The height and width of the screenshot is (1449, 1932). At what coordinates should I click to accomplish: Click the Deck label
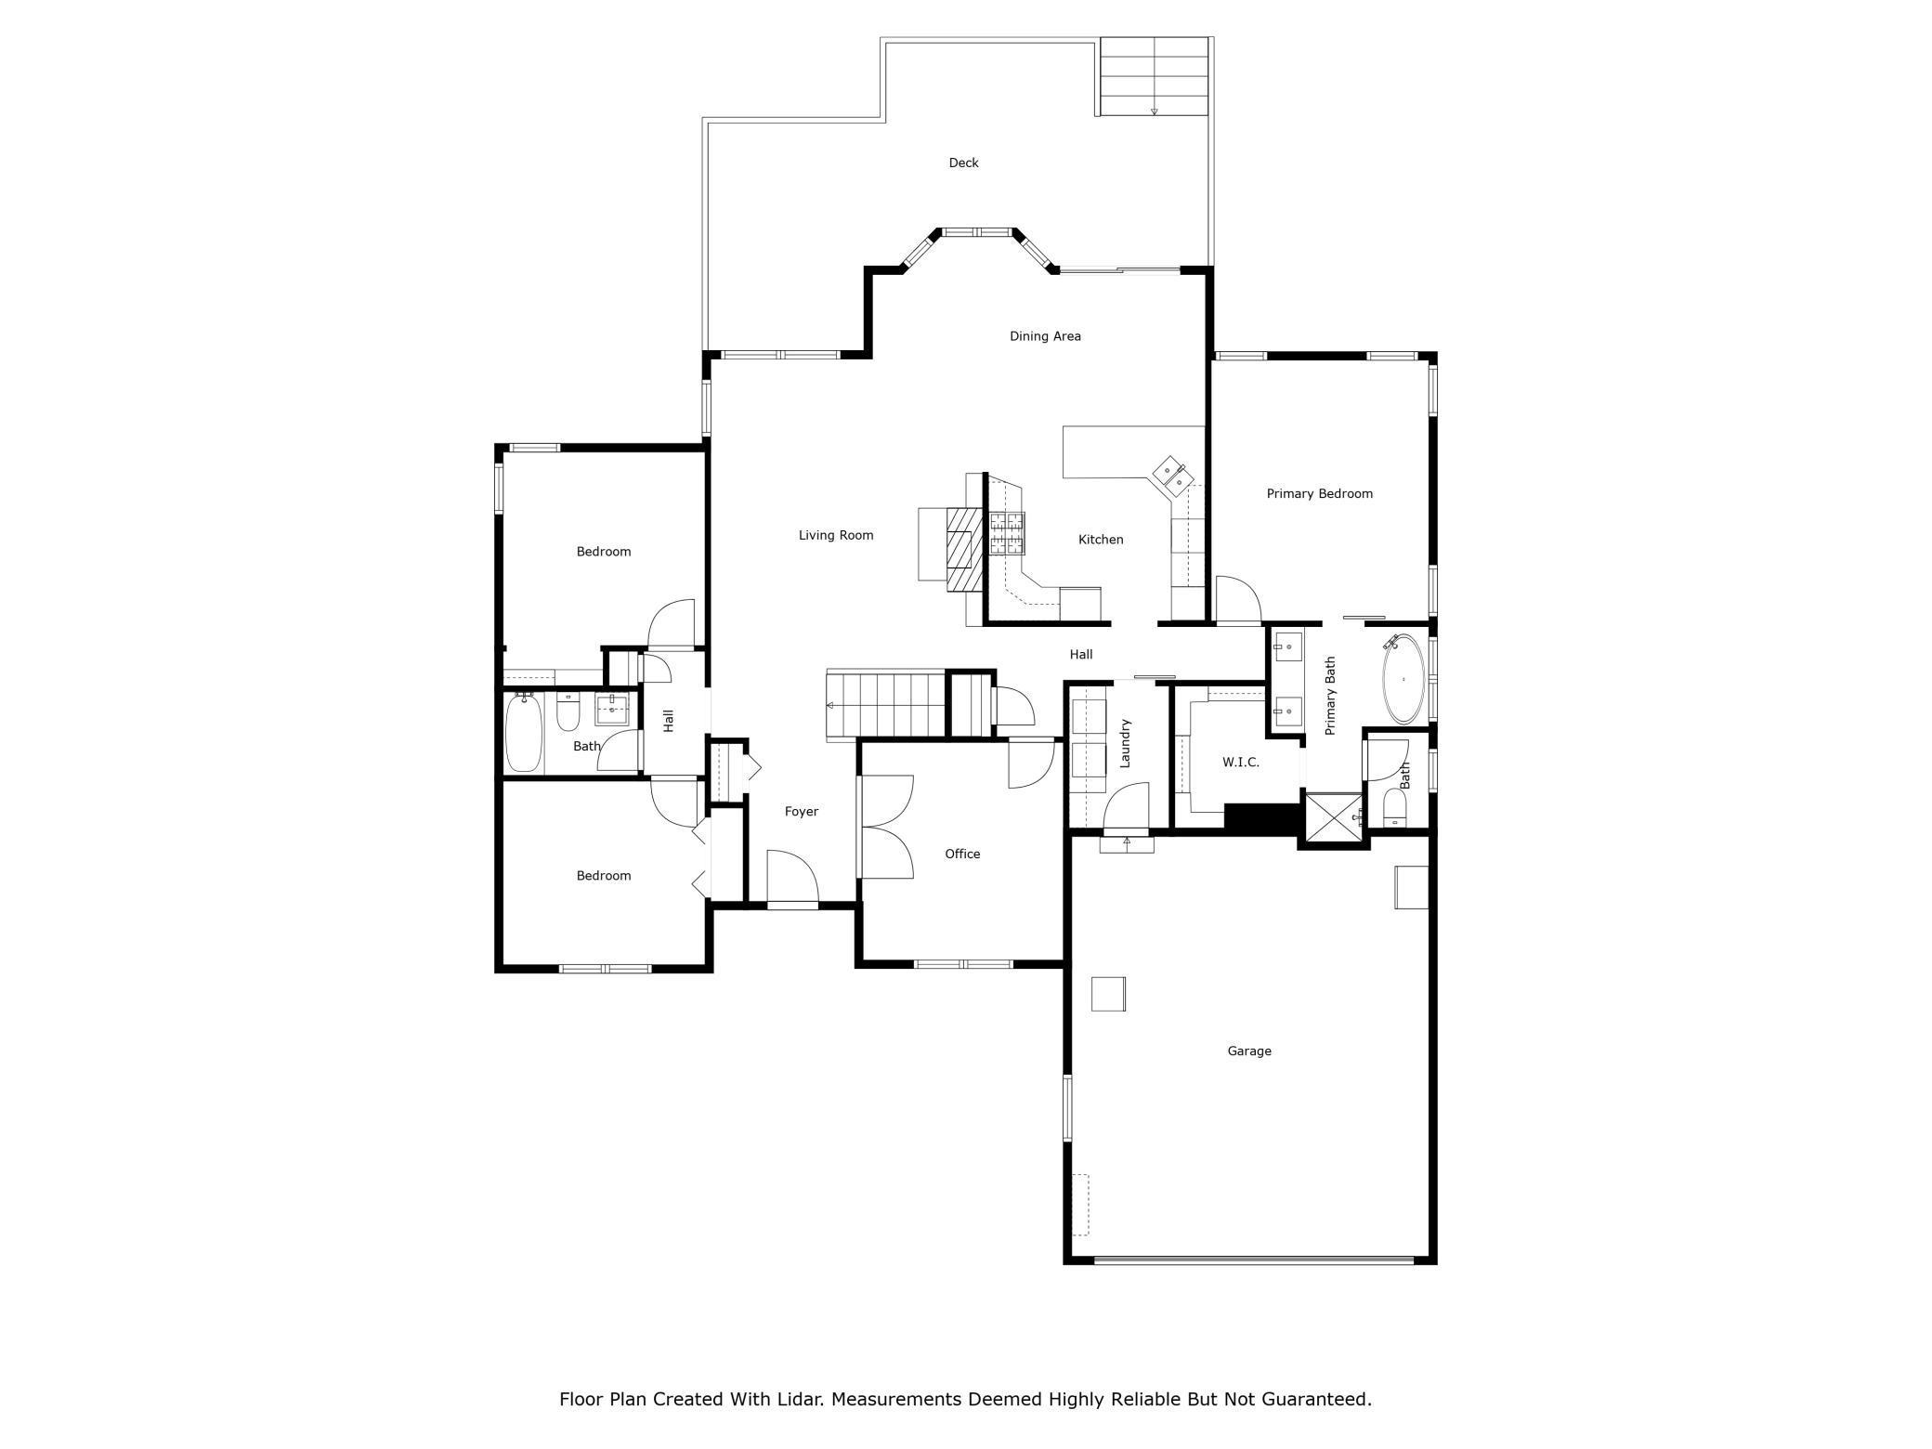coord(963,163)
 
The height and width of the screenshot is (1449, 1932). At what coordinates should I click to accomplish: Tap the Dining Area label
coord(1045,336)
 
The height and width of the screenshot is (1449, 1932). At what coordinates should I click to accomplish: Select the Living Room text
coord(836,535)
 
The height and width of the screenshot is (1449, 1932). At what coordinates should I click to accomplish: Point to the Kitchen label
coord(1101,540)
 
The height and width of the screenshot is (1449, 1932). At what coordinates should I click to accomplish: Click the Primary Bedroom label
coord(1319,494)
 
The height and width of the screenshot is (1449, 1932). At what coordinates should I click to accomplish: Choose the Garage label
coord(1249,1051)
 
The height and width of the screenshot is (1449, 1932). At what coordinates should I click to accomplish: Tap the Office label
coord(962,855)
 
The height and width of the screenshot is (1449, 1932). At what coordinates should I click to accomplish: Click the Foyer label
coord(802,812)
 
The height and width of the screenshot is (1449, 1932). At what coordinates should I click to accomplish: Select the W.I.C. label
coord(1241,763)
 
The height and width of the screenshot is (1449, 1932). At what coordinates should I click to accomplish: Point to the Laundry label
coord(1125,743)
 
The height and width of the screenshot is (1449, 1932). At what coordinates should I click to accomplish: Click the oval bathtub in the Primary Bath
coord(1403,679)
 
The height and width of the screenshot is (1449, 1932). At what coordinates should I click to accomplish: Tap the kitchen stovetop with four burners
coord(1007,534)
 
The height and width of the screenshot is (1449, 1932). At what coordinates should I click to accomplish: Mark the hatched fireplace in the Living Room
coord(964,549)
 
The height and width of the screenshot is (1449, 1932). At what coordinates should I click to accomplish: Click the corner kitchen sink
coord(1172,476)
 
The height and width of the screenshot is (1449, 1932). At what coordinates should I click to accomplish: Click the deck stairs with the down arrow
coord(1154,76)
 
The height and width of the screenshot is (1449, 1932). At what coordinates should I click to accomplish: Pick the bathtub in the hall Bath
coord(524,733)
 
